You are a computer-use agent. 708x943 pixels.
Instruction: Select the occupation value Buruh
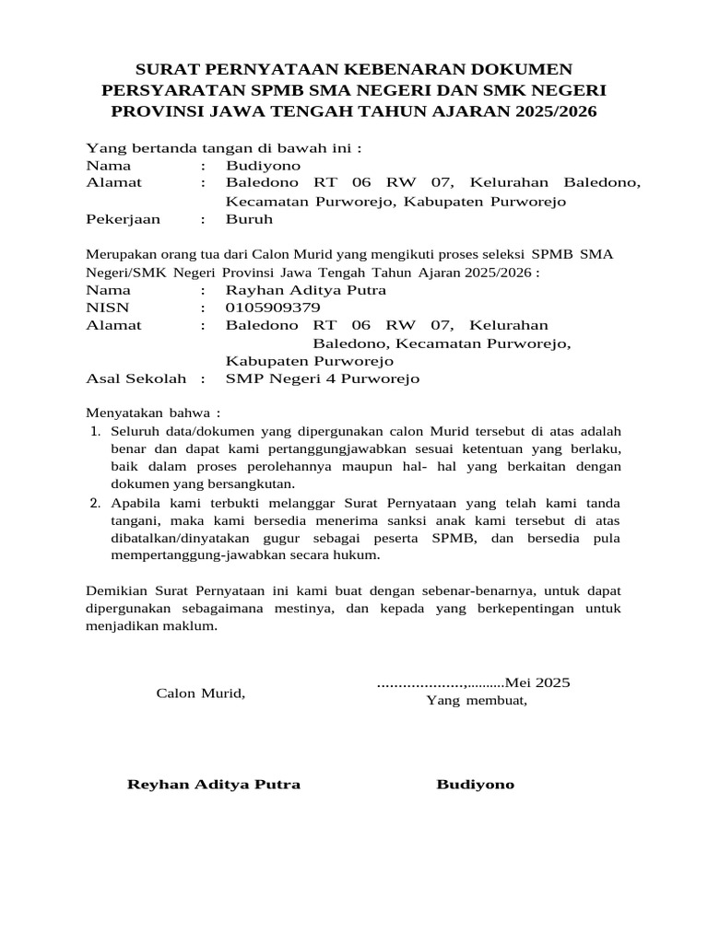249,220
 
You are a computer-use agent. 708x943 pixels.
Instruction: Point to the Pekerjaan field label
123,220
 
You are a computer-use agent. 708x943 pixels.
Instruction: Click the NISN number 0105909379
273,308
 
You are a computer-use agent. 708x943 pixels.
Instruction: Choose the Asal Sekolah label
136,378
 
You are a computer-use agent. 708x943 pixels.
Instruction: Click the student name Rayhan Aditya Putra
306,290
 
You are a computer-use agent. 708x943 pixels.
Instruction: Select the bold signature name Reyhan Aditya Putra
213,785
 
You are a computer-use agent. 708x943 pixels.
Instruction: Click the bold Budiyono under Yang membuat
476,785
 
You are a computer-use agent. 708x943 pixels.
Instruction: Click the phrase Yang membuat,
476,701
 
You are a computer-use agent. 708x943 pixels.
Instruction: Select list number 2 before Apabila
95,504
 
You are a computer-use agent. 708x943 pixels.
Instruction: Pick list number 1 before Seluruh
95,431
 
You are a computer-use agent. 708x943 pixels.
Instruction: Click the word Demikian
116,590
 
